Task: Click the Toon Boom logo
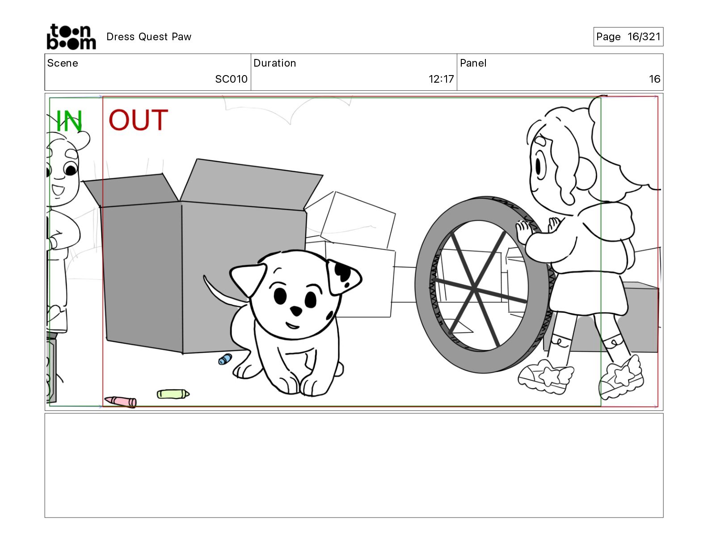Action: point(72,37)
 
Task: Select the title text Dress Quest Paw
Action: point(149,37)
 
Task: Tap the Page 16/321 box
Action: point(628,37)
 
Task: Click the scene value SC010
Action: point(231,79)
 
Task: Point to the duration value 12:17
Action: point(441,79)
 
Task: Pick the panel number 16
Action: point(654,79)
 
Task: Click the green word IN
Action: point(69,121)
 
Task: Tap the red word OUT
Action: point(138,120)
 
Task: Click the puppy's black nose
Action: point(296,311)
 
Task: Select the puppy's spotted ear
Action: point(343,276)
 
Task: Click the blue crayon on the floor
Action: point(225,359)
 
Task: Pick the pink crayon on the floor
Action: point(121,401)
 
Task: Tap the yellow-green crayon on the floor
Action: point(173,394)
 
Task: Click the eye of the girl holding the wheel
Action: point(538,167)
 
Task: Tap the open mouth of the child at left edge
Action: point(58,190)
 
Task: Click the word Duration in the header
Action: point(275,63)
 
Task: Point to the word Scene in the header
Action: point(63,63)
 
